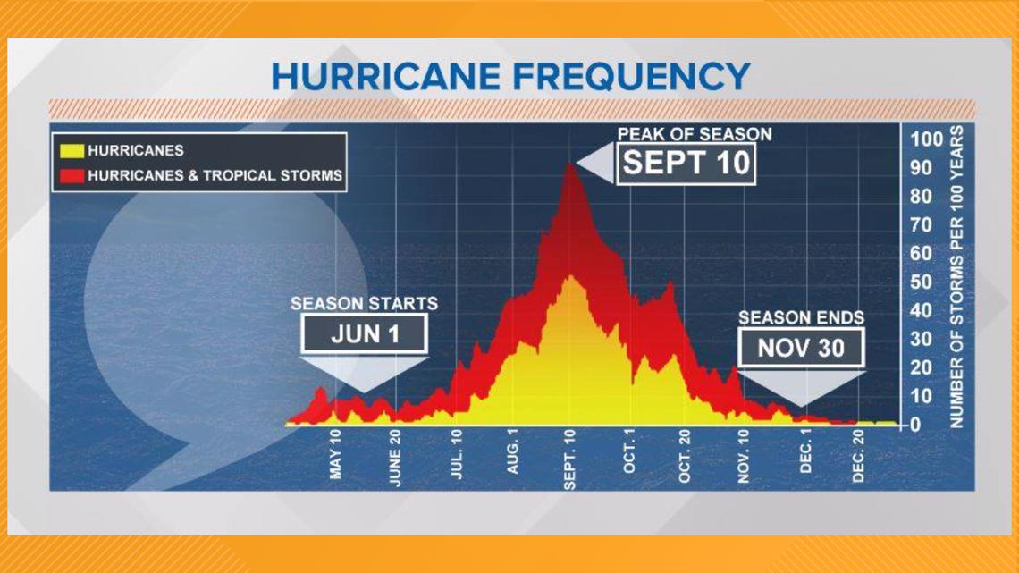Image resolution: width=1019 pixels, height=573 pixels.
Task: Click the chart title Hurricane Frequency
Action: [x=510, y=76]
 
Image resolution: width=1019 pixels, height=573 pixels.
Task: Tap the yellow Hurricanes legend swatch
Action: [x=72, y=151]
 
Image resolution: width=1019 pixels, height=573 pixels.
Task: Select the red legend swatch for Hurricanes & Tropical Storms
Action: [x=72, y=175]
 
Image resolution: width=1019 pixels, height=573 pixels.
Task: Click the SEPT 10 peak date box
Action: [x=686, y=164]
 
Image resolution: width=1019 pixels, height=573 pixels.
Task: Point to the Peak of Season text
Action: [x=695, y=134]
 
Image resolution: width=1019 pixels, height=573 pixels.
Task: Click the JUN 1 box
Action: [x=364, y=334]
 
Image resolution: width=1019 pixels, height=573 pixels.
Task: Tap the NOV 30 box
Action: [x=801, y=348]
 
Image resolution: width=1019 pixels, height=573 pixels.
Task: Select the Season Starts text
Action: [x=364, y=303]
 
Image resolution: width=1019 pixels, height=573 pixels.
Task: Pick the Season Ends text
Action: [x=801, y=317]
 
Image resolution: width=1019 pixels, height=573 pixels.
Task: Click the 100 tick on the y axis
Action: [x=926, y=139]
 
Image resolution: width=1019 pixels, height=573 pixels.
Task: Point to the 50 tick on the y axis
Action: [x=921, y=282]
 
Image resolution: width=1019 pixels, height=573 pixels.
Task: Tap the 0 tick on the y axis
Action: [x=915, y=425]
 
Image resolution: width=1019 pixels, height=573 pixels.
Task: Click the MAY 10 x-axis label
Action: [x=335, y=455]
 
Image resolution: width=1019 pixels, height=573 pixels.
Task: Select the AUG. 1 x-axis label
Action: [x=513, y=451]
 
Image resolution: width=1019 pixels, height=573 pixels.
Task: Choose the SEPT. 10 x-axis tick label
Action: [x=569, y=459]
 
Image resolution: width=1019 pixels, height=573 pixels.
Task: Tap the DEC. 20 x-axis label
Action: [x=858, y=455]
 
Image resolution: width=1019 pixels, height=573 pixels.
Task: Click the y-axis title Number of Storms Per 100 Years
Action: [x=956, y=277]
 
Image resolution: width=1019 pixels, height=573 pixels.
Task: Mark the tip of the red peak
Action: [x=570, y=164]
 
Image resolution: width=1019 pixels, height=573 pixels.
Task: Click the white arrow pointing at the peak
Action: [x=595, y=163]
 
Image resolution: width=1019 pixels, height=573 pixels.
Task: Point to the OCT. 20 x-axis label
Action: [x=685, y=455]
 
